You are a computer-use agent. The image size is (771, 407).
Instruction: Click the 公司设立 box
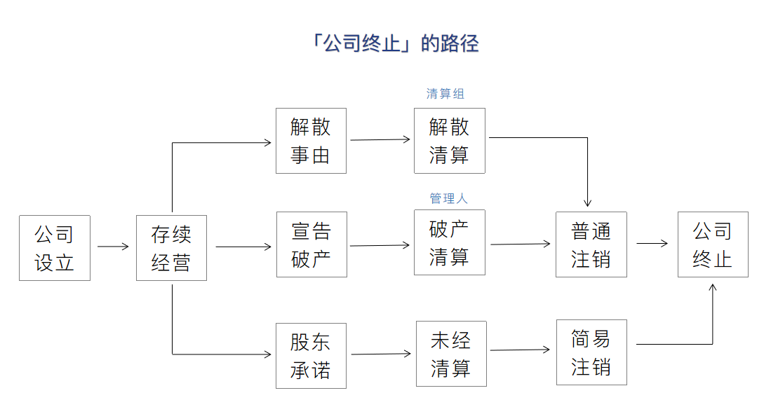pos(55,248)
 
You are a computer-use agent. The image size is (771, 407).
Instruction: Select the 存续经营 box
pos(171,248)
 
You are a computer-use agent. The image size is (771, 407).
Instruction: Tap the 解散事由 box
pos(311,141)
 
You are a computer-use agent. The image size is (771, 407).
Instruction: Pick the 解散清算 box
pos(449,141)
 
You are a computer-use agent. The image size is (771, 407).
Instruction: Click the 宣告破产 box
pos(311,244)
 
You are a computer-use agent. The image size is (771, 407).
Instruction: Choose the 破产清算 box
pos(449,242)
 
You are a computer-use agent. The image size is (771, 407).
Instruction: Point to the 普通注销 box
pos(591,244)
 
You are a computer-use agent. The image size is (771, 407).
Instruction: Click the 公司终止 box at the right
pos(713,244)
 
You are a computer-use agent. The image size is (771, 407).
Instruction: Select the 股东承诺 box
pos(311,355)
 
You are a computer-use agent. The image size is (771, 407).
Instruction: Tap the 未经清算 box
pos(450,354)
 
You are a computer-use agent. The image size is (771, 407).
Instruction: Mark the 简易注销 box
pos(591,352)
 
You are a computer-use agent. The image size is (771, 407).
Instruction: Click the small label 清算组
pos(445,94)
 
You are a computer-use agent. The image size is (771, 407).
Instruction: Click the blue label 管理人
pos(448,199)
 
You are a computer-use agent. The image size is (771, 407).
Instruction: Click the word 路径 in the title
pos(460,43)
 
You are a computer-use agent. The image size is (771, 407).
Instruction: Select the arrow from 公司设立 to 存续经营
pos(113,247)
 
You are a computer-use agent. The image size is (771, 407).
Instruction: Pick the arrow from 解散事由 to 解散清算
pos(380,139)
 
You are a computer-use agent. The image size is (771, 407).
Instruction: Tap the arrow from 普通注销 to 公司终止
pos(652,244)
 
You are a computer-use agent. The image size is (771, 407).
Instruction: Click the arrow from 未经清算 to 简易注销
pos(520,350)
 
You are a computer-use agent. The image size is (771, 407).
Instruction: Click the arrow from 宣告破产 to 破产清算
pos(380,245)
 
